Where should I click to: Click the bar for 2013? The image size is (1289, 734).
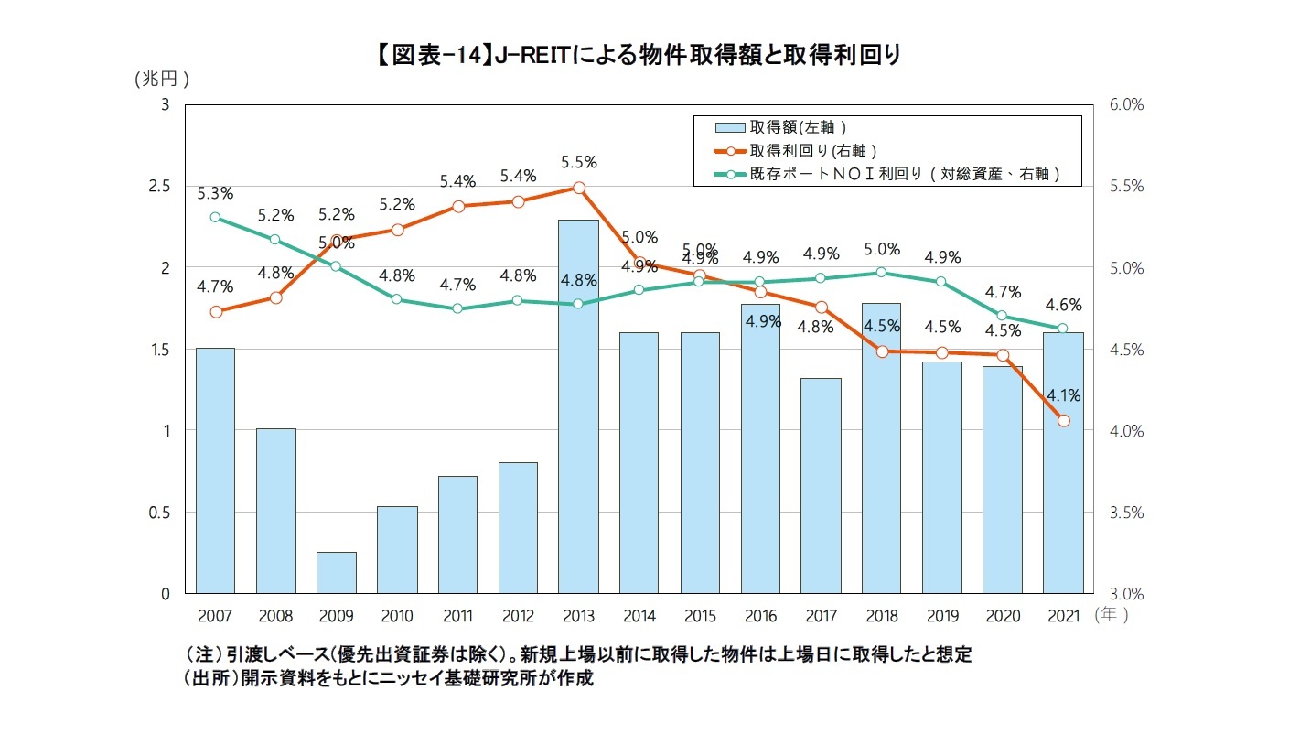[x=578, y=407]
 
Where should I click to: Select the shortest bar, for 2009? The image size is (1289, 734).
[x=336, y=572]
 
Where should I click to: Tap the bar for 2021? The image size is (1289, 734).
[x=1063, y=462]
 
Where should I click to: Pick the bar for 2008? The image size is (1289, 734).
[x=275, y=511]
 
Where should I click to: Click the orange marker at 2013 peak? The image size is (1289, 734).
[x=578, y=188]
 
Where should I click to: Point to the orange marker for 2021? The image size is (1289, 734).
[x=1063, y=421]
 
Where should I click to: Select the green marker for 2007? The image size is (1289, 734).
[x=215, y=217]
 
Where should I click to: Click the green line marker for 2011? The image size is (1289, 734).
[x=457, y=308]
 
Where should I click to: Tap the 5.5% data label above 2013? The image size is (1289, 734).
[x=578, y=162]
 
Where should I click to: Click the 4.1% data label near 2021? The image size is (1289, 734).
[x=1065, y=396]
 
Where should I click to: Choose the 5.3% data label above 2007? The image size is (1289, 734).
[x=215, y=193]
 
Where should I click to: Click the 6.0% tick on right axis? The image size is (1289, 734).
[x=1125, y=105]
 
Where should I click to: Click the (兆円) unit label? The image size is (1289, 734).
[x=160, y=79]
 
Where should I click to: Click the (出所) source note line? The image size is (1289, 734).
[x=388, y=679]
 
